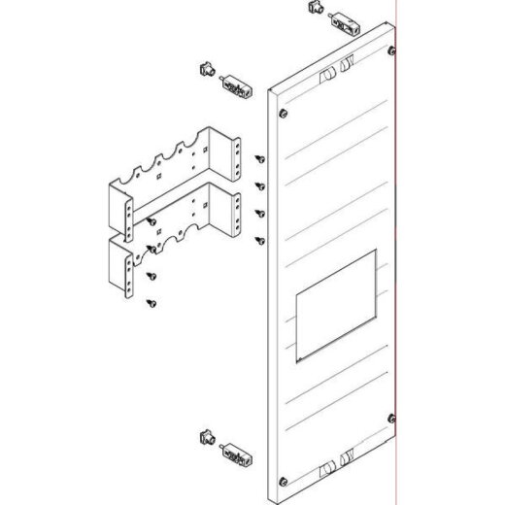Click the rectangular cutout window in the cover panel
pos(334,302)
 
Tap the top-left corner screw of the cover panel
pos(280,113)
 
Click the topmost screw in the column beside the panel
pos(260,157)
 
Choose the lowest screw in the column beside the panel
pos(260,239)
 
